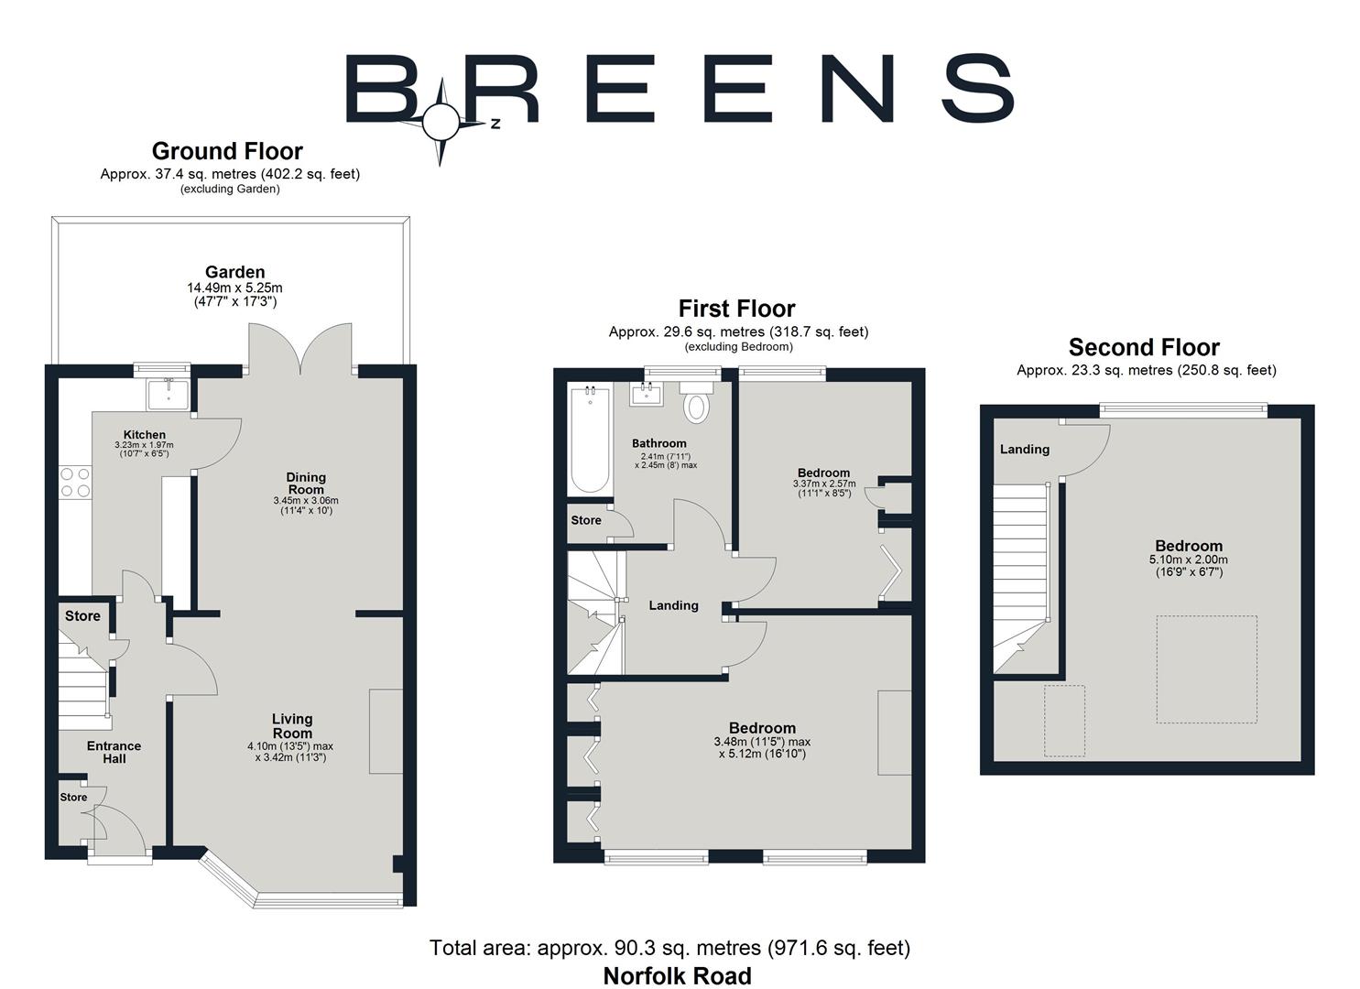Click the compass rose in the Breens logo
point(441,121)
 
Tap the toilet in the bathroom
point(697,404)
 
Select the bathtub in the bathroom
point(584,440)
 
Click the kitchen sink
point(168,394)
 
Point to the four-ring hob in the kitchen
point(76,482)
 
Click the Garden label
point(234,272)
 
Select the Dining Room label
point(306,483)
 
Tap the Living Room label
point(292,725)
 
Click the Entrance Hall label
point(114,752)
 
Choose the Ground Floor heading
point(227,151)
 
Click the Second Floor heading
point(1144,348)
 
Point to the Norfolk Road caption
point(677,976)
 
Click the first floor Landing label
point(673,605)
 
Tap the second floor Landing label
point(1024,450)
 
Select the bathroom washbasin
point(647,395)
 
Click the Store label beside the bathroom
point(586,520)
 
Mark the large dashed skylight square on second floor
point(1206,669)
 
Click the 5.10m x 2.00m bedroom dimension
point(1188,560)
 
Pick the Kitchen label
point(145,435)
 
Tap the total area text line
point(669,948)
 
